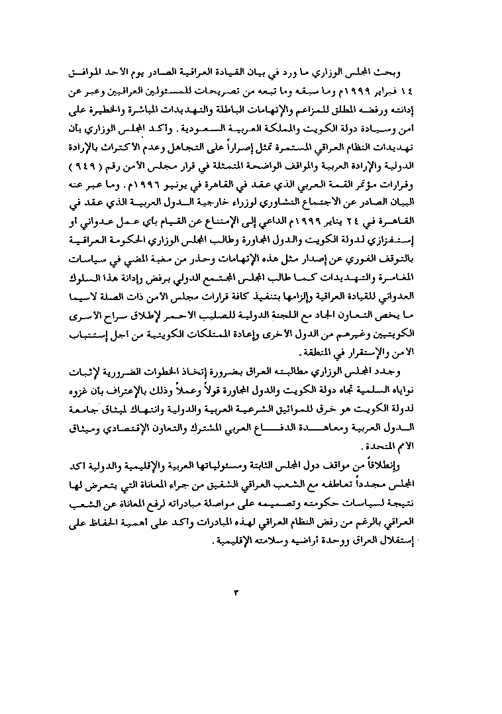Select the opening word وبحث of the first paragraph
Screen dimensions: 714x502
[419, 70]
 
